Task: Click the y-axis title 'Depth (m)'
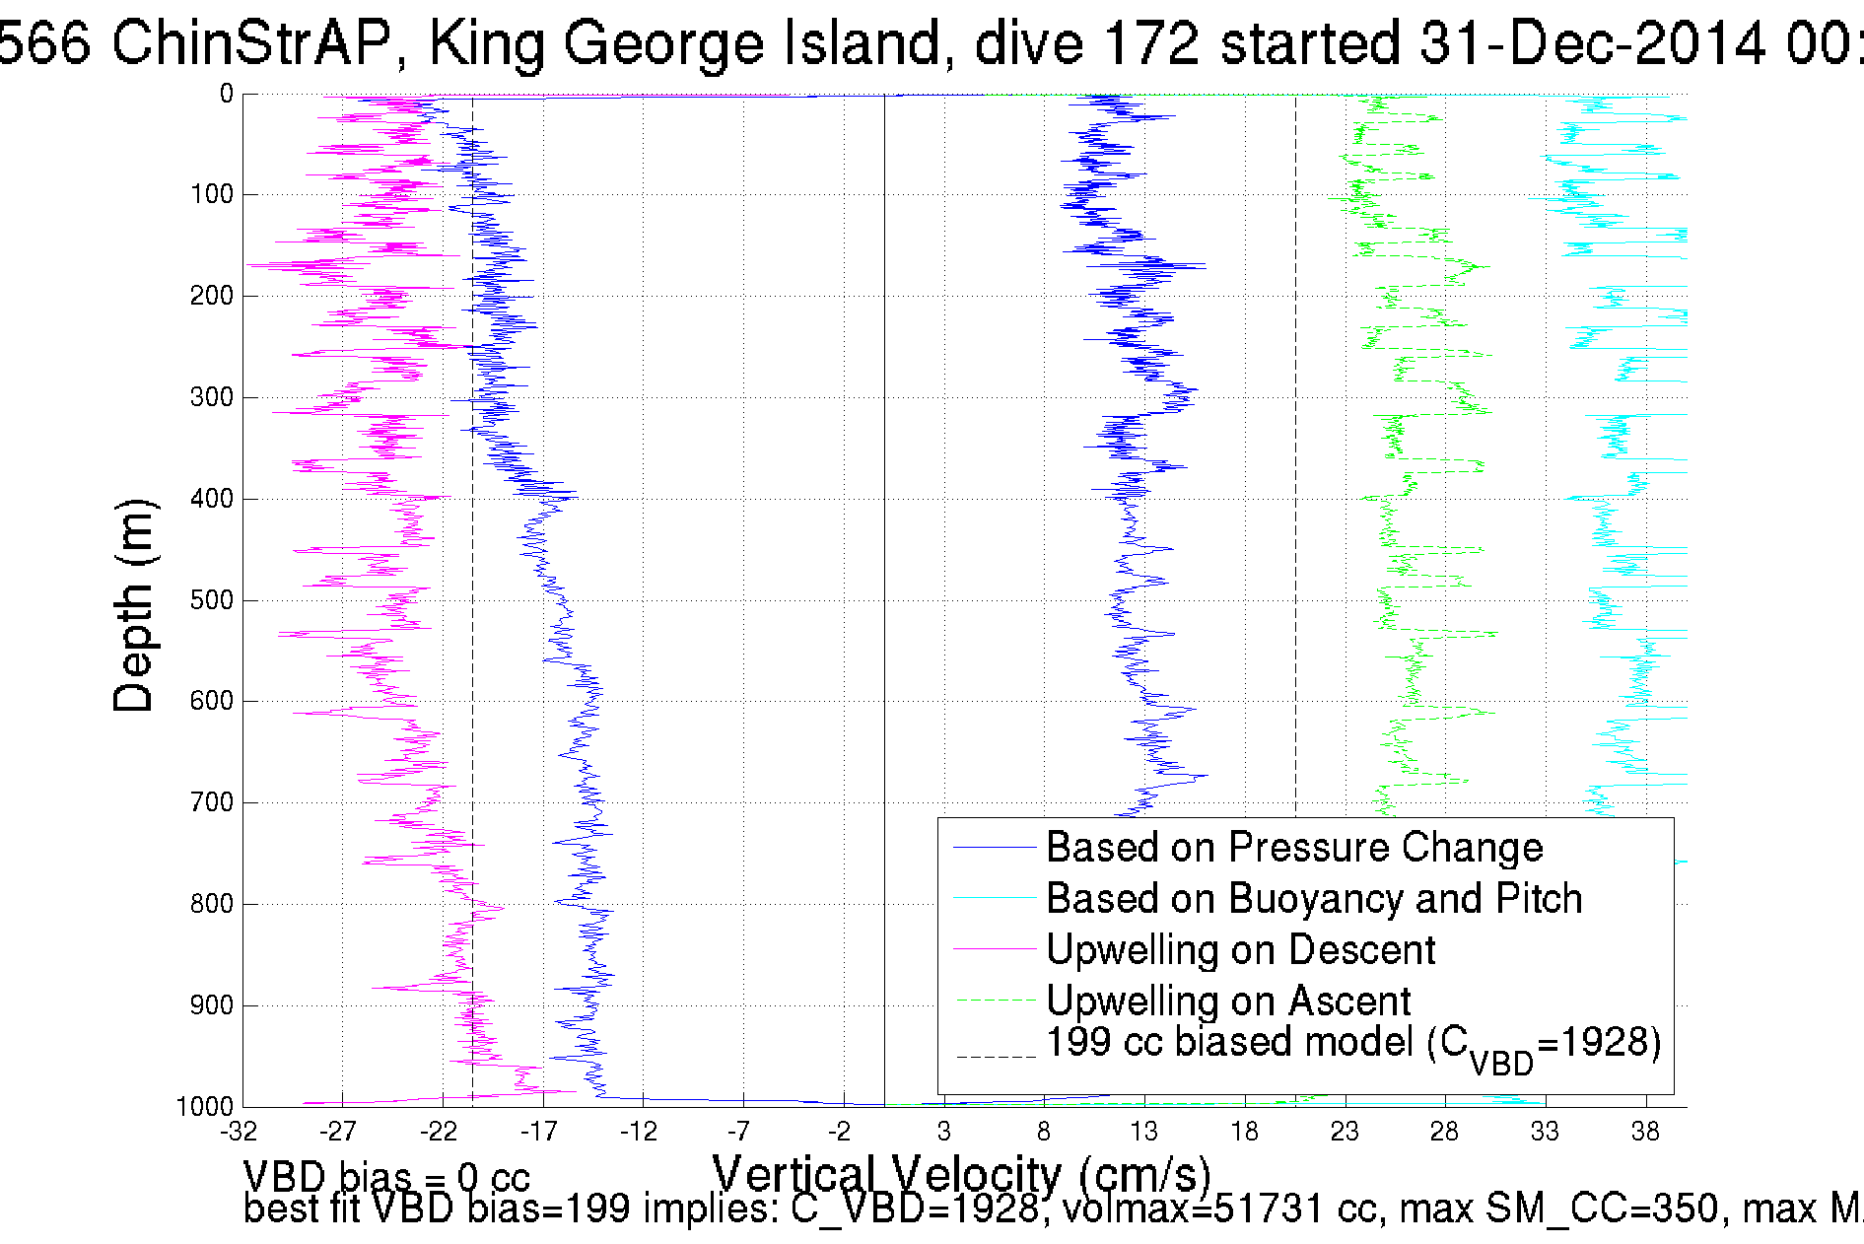click(134, 605)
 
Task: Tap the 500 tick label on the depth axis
click(212, 600)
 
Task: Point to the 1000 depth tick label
click(205, 1106)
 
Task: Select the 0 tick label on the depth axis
click(227, 95)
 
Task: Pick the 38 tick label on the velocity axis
click(1645, 1132)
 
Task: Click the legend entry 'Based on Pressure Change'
click(1294, 848)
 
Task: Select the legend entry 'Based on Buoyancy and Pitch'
click(1314, 899)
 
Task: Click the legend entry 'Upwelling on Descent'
click(1240, 950)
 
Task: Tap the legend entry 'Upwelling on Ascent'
click(1228, 1002)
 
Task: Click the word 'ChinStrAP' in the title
click(250, 43)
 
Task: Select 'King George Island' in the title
click(690, 43)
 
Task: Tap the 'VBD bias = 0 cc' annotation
click(386, 1177)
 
